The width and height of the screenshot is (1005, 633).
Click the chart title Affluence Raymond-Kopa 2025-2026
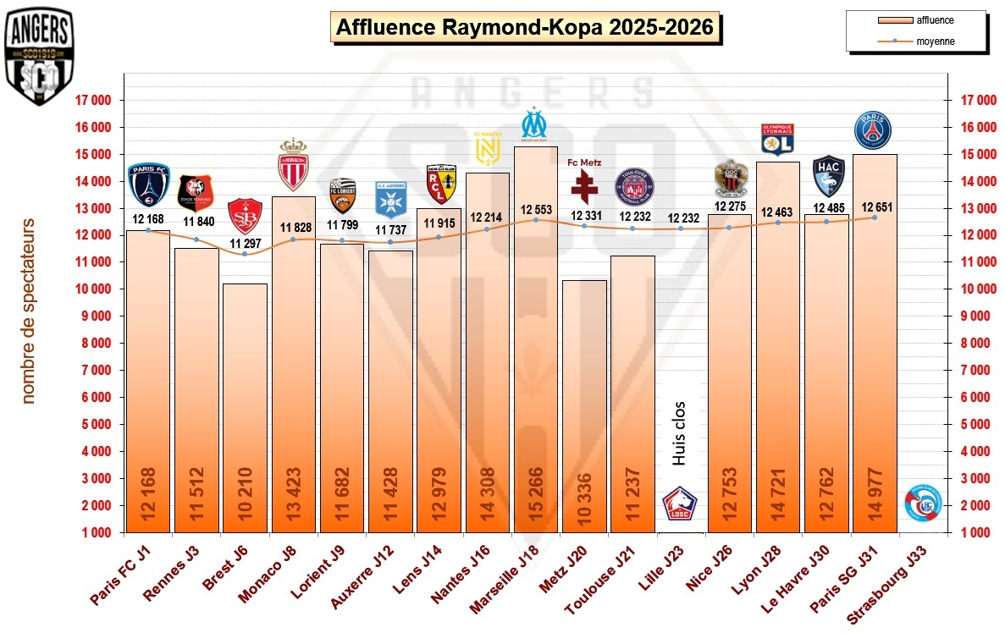[526, 28]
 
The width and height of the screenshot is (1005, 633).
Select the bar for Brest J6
[245, 406]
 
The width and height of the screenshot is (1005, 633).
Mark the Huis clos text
[679, 433]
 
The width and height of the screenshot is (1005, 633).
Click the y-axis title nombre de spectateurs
[28, 311]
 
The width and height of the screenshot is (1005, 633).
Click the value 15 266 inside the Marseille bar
[536, 499]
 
